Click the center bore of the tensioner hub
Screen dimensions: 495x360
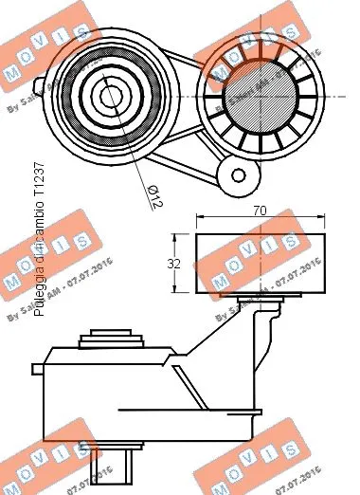pos(105,95)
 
